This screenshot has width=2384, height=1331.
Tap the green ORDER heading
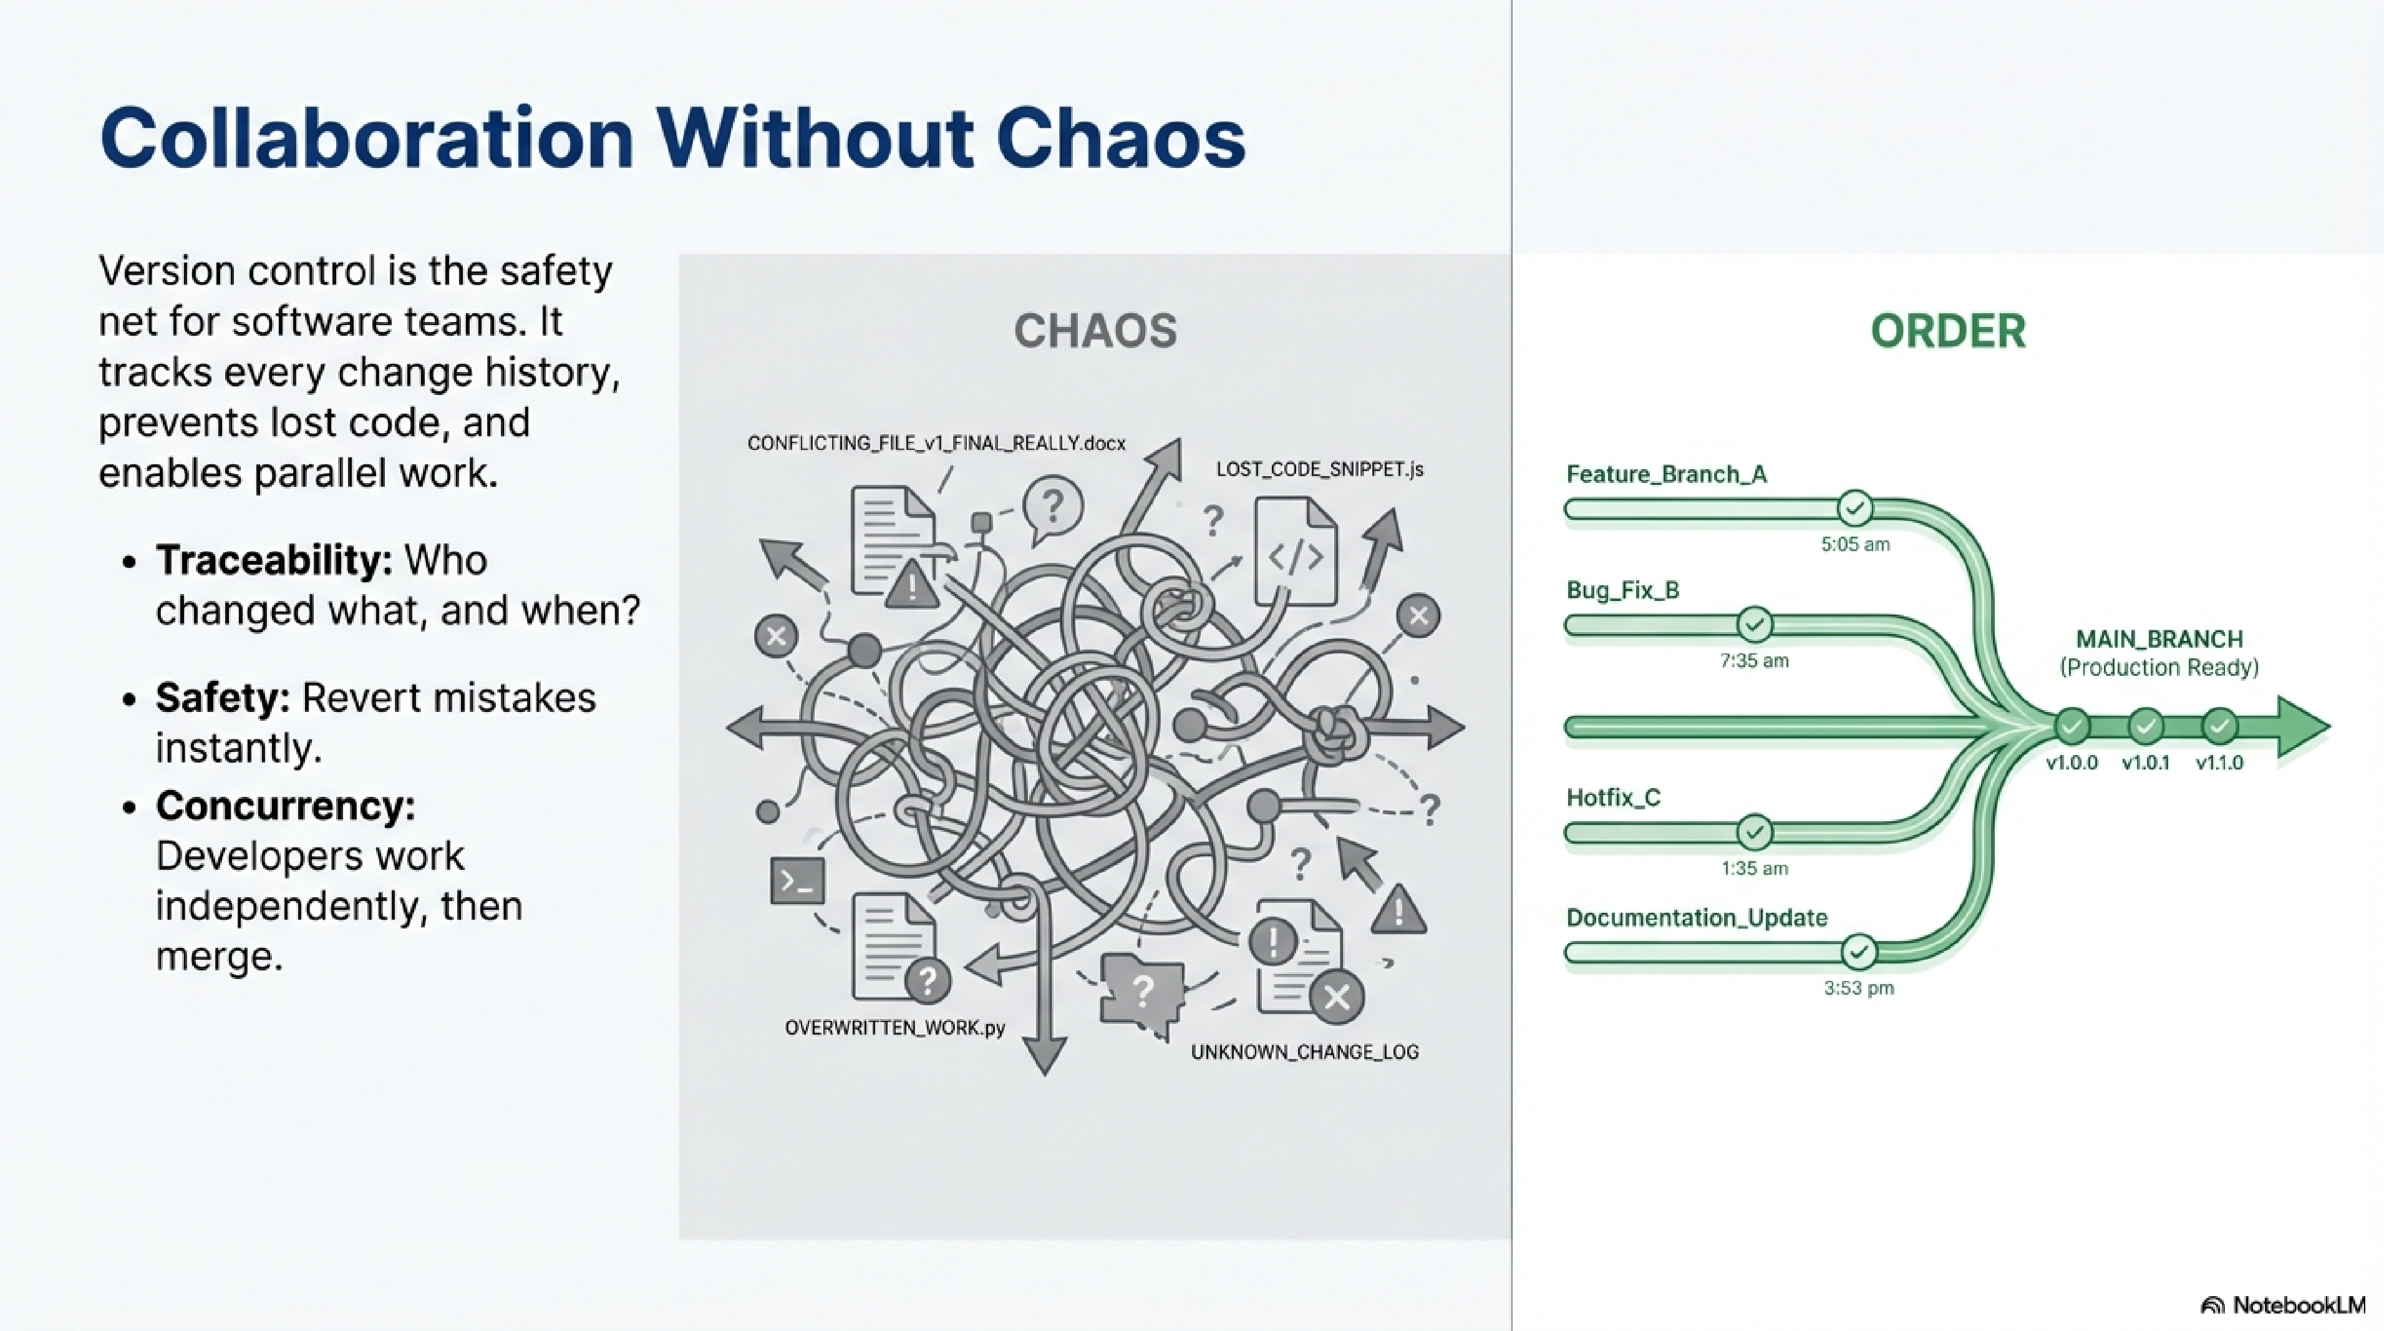pos(1947,331)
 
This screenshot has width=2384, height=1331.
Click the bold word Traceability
pos(274,560)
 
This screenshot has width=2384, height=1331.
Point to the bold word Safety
pos(222,698)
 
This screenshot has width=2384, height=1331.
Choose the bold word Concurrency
pos(285,805)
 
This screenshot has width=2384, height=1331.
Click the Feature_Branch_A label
pos(1666,475)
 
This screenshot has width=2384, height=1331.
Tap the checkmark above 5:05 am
pos(1854,508)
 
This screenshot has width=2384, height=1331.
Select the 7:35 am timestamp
pos(1754,661)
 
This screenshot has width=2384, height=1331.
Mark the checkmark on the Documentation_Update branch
pos(1858,952)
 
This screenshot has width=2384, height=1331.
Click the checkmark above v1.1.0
pos(2218,726)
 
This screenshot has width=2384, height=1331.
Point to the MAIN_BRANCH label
pos(2159,640)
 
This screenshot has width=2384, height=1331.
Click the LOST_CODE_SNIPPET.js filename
pos(1319,469)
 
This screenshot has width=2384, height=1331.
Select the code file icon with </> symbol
pos(1295,553)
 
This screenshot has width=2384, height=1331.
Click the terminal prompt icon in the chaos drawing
pos(797,881)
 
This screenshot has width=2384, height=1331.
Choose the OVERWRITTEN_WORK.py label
pos(894,1028)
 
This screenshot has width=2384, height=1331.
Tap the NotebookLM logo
pos(2282,1305)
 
